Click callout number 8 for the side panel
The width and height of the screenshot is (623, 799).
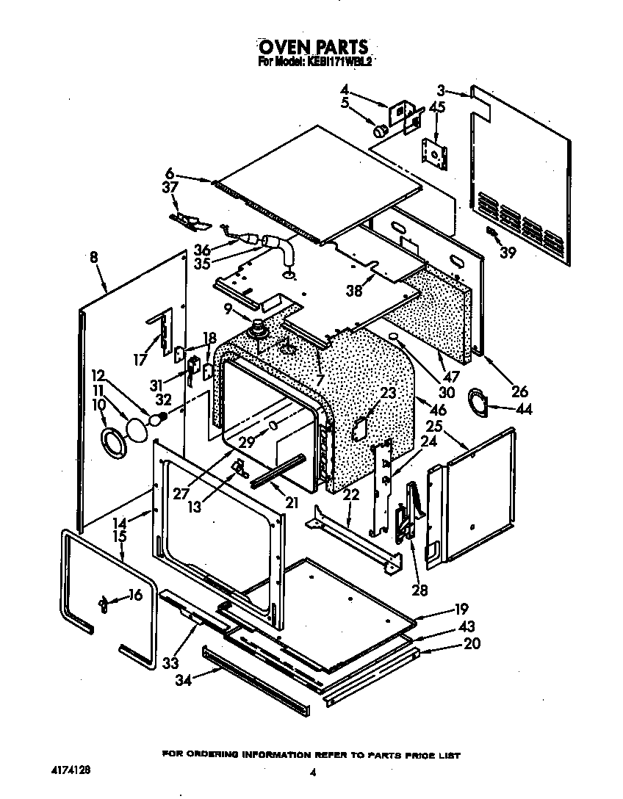pyautogui.click(x=94, y=258)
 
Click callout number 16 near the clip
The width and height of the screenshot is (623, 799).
pyautogui.click(x=134, y=595)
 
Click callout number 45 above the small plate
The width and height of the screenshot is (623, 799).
pyautogui.click(x=436, y=108)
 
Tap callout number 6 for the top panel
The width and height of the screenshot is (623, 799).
pyautogui.click(x=170, y=174)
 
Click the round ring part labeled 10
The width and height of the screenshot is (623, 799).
pyautogui.click(x=112, y=442)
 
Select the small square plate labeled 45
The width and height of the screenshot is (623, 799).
pyautogui.click(x=436, y=153)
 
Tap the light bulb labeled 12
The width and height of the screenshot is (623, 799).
pyautogui.click(x=156, y=419)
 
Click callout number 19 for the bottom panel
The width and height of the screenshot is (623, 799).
pyautogui.click(x=460, y=608)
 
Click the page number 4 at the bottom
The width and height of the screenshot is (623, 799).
pyautogui.click(x=313, y=772)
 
